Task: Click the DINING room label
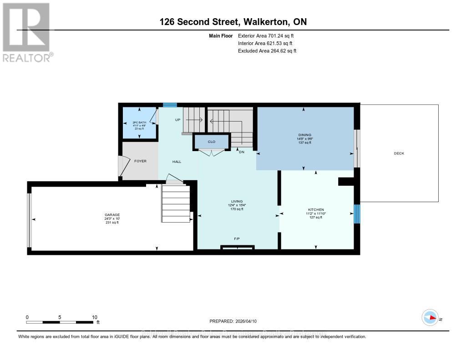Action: pos(304,135)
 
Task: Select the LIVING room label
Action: pos(237,201)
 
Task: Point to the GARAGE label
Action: pos(111,214)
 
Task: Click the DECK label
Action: pos(399,153)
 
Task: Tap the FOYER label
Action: pos(140,161)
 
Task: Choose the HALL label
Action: pos(177,162)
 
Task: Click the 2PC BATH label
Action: pos(139,122)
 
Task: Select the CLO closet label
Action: pos(211,142)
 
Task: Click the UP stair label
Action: pos(178,120)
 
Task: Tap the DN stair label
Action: pos(242,152)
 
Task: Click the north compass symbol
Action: pos(430,318)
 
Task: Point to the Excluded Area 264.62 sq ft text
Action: pos(267,51)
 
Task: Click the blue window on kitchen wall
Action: pos(357,213)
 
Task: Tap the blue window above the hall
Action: pos(170,105)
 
